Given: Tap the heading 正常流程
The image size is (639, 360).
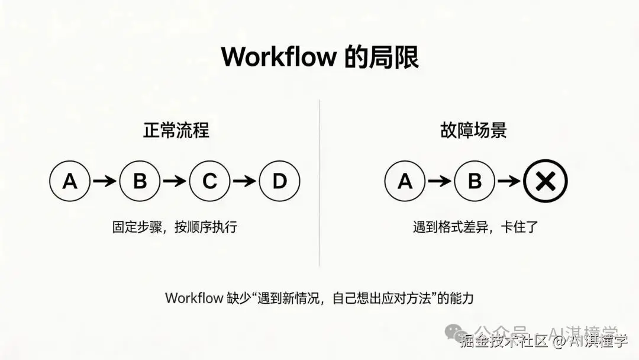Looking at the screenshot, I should pos(176,130).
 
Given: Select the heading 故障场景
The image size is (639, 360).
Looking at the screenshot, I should pos(473,130).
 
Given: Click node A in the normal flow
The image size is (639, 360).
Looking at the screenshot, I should pos(70,181).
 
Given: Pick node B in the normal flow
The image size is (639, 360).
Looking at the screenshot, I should pos(140,181).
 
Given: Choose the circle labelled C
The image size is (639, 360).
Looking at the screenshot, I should pos(210,181).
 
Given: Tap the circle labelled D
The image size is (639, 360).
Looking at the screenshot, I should pos(280,181).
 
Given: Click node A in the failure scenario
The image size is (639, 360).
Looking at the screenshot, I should pos(405,181).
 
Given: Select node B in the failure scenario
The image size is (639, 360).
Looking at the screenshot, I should pos(475,181).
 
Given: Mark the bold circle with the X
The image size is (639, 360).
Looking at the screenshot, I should pos(545,181).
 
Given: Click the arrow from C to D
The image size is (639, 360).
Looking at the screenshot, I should pos(245,181).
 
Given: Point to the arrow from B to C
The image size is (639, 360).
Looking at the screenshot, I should pos(175,181).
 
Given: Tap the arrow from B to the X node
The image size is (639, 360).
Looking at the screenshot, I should pos(509,181).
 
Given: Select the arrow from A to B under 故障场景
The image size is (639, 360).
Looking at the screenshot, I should pos(440,181).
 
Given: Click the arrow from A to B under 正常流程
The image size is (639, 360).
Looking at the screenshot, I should pos(105,181).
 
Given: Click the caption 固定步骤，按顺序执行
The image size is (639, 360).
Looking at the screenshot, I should pos(175,227).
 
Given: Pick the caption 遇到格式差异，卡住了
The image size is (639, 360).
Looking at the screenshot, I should pos(475,227).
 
